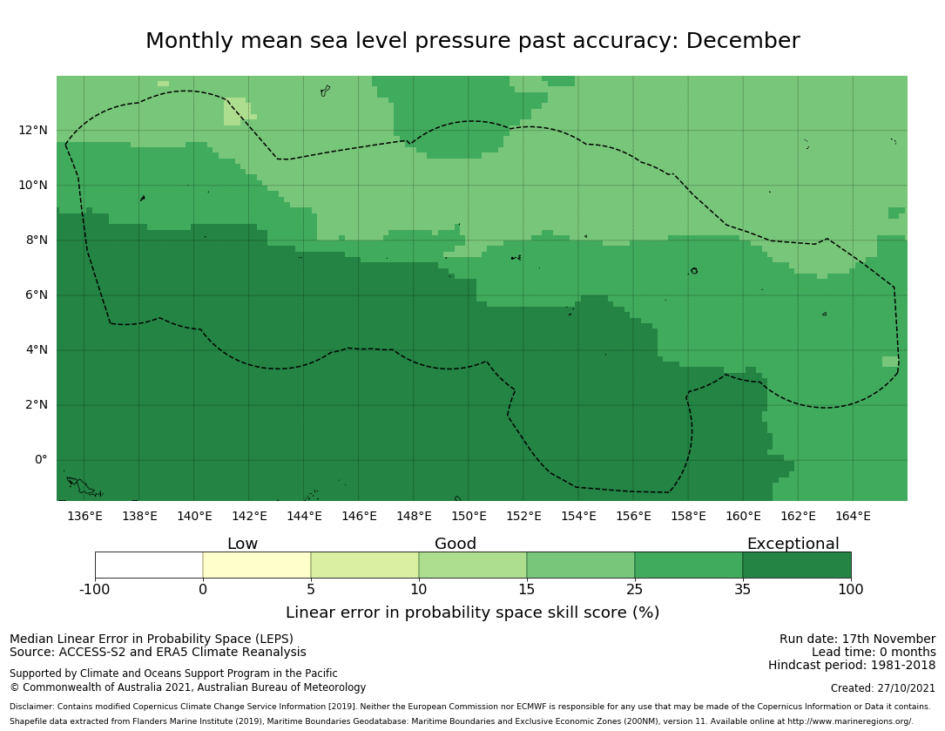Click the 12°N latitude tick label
(x=33, y=131)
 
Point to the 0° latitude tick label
(x=40, y=460)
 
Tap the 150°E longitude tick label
(x=469, y=516)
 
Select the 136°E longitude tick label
(x=84, y=516)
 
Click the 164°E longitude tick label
(x=853, y=516)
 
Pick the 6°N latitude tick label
(x=37, y=295)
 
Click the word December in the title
(x=742, y=42)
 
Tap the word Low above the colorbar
(x=242, y=545)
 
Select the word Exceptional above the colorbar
(x=793, y=545)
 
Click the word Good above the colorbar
(x=456, y=545)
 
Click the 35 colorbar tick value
(x=743, y=590)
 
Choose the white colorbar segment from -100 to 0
(x=149, y=565)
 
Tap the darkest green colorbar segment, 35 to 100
(x=797, y=565)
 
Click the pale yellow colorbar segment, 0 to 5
(x=257, y=565)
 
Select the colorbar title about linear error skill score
(x=472, y=613)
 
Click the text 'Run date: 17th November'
(x=857, y=640)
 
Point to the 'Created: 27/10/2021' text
(x=882, y=688)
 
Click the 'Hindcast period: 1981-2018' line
(x=852, y=666)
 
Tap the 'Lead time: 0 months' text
(x=874, y=653)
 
